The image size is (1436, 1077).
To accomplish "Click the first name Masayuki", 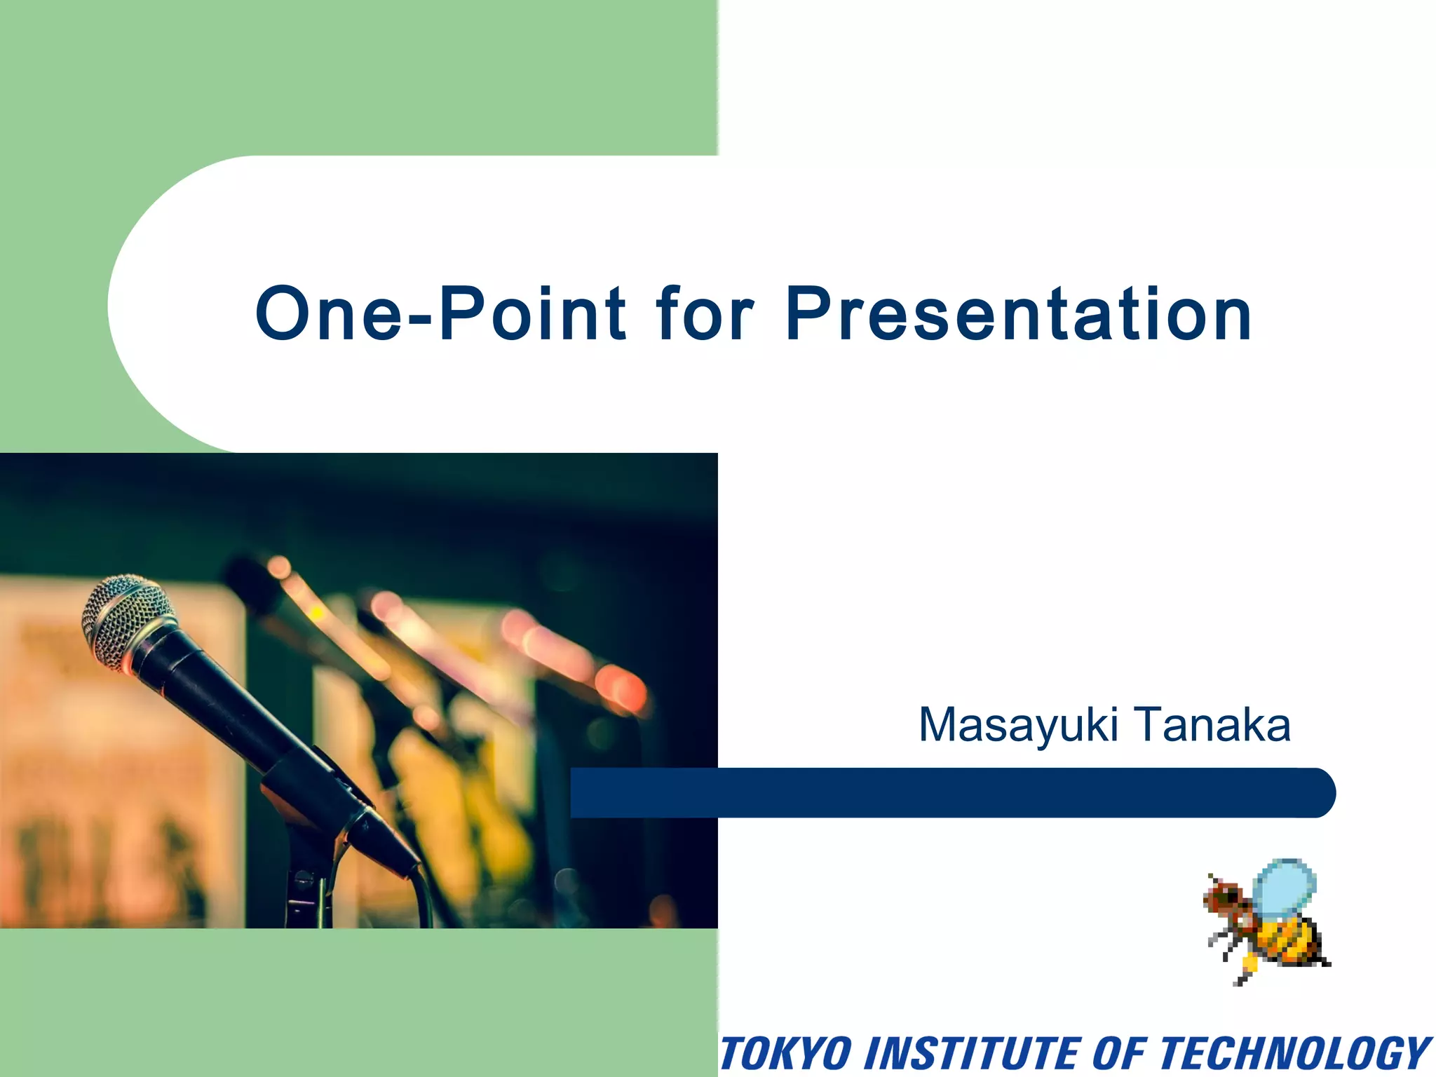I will pyautogui.click(x=1018, y=725).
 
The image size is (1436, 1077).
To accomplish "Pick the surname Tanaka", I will pyautogui.click(x=1212, y=725).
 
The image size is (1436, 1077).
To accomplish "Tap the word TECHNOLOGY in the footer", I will pyautogui.click(x=1293, y=1053).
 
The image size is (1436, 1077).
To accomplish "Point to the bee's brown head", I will pyautogui.click(x=1224, y=898).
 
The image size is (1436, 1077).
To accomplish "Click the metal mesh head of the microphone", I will pyautogui.click(x=126, y=621).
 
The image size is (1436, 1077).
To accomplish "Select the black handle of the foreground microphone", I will pyautogui.click(x=210, y=708).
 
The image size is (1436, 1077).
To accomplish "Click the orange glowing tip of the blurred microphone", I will pyautogui.click(x=621, y=687).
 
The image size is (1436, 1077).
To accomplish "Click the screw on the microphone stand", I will pyautogui.click(x=303, y=876).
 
